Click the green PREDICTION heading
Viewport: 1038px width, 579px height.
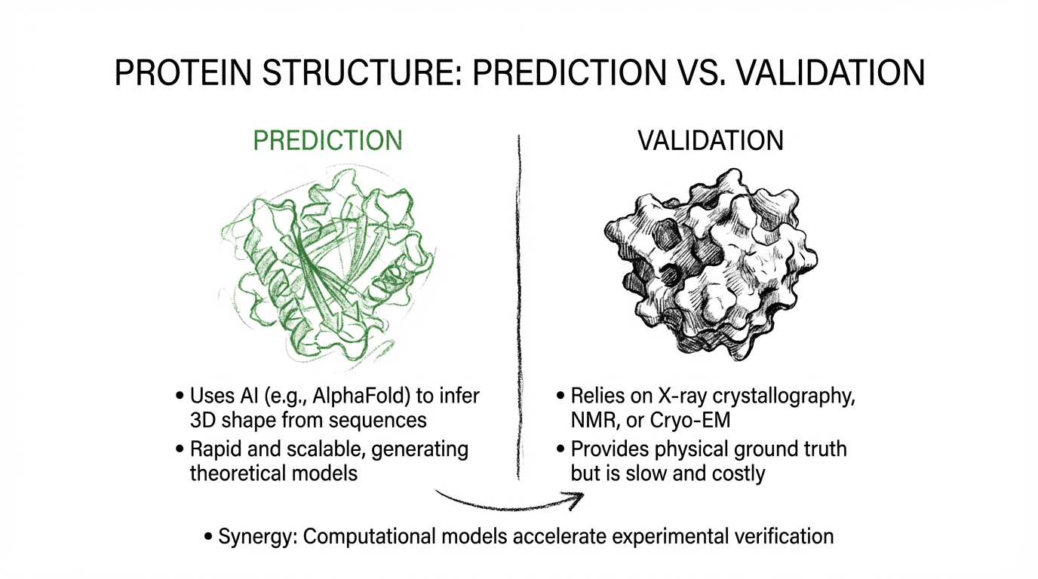327,141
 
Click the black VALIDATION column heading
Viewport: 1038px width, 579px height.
711,141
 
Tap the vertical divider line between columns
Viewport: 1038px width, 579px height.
519,302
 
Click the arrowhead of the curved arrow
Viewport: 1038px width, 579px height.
577,496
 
